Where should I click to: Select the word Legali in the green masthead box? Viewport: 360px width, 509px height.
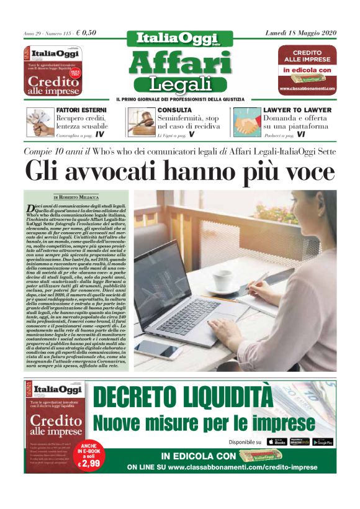pyautogui.click(x=180, y=84)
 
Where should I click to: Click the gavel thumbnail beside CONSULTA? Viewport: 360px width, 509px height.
pyautogui.click(x=140, y=122)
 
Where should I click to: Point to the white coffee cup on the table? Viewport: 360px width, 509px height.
pyautogui.click(x=224, y=280)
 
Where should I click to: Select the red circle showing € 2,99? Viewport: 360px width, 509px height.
pyautogui.click(x=88, y=456)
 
